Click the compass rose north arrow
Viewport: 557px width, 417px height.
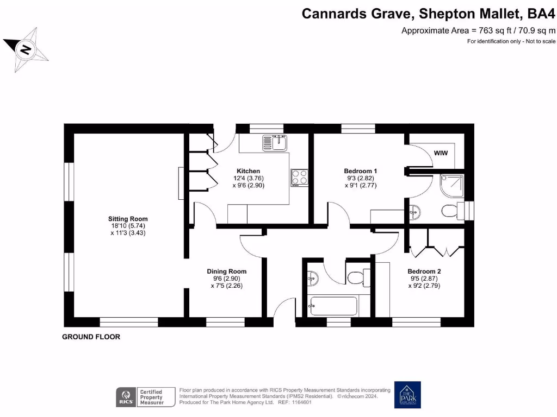[x=26, y=49]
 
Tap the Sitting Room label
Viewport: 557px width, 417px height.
[x=127, y=219]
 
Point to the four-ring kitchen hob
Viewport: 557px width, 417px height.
[x=299, y=177]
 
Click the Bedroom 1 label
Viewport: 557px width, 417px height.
[x=360, y=171]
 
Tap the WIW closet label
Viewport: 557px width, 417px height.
[x=441, y=153]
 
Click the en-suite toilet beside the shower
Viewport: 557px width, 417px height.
[x=449, y=211]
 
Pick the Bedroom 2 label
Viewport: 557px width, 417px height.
[x=424, y=271]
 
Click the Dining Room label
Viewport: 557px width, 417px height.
[x=226, y=271]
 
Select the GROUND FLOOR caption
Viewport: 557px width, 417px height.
[x=91, y=337]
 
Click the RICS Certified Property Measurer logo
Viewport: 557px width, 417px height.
[x=145, y=397]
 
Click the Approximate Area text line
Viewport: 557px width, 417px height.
[x=478, y=30]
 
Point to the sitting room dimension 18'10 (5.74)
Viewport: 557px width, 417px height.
[x=127, y=226]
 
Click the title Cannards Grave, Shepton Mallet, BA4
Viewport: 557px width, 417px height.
[x=429, y=14]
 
